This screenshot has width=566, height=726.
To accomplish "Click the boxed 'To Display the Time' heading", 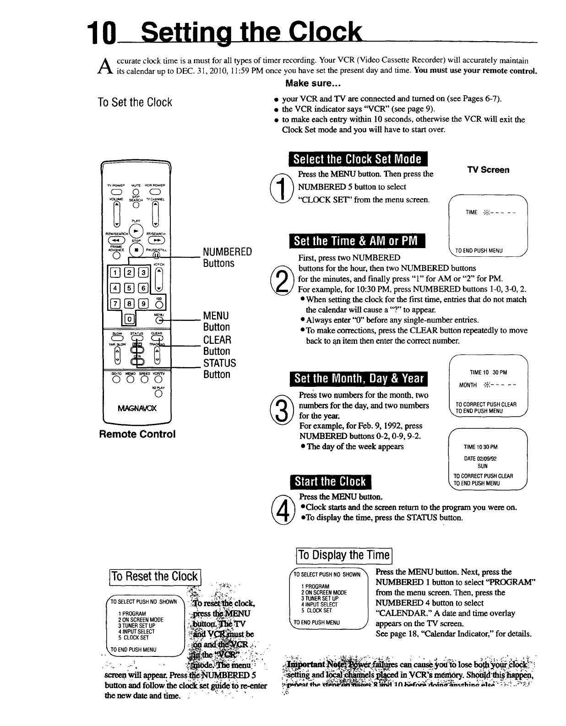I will (343, 556).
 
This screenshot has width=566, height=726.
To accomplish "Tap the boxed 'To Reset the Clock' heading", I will (155, 576).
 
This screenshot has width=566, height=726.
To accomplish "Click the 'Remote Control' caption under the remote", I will (137, 434).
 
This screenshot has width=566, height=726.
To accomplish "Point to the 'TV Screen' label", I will (488, 170).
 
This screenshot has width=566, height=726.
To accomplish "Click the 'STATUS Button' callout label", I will (219, 368).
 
